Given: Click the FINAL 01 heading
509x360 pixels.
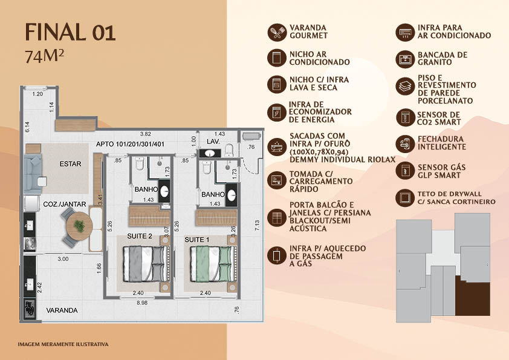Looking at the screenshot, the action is coord(70,32).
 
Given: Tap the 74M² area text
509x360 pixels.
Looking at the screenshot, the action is coord(45,56).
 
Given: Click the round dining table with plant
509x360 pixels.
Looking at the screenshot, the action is coord(79,226).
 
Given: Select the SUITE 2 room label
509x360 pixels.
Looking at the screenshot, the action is coord(140,236).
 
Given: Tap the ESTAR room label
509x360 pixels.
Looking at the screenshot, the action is coord(71,164).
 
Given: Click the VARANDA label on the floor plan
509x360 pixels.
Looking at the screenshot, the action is coord(62,310).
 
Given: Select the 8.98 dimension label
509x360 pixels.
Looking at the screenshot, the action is coord(142,303).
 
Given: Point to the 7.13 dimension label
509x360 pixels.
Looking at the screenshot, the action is coord(257,225).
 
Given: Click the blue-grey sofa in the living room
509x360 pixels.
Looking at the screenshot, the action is coord(33,174).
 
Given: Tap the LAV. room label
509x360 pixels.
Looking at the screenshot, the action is coord(213,142).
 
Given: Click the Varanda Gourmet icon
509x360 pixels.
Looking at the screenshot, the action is coord(277,32).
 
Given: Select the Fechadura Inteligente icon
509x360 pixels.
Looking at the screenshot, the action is coord(405,143).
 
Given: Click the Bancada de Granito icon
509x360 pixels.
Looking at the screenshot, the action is coord(405,59).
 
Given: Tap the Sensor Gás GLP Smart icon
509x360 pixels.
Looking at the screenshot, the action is coord(405,171).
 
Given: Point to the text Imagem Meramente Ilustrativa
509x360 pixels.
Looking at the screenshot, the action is coord(63,344).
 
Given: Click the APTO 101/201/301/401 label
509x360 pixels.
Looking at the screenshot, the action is coord(130,144).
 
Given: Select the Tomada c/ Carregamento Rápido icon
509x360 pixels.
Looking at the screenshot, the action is coord(277,180).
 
